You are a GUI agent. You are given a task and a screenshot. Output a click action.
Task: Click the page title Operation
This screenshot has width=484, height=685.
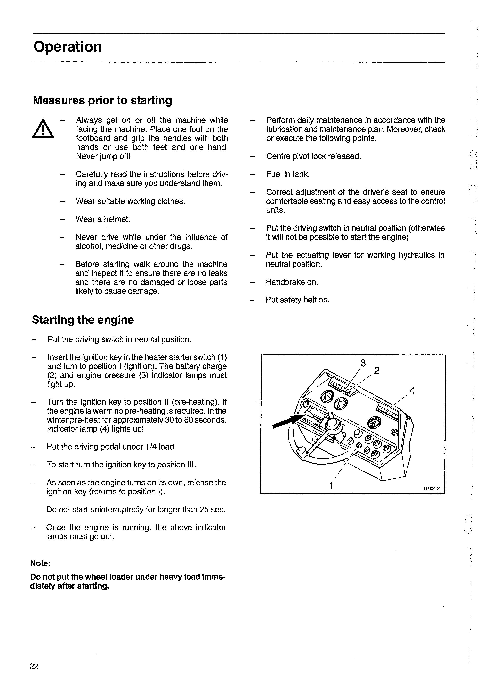pos(68,47)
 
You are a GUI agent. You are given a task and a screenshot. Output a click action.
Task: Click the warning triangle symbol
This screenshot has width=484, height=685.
pos(43,129)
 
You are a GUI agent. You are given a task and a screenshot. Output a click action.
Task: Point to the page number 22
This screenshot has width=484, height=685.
pos(34,666)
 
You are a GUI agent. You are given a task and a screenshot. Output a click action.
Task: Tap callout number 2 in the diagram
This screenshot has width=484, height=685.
pos(377,371)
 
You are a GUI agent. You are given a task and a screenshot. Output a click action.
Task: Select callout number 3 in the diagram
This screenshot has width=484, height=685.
pos(363,363)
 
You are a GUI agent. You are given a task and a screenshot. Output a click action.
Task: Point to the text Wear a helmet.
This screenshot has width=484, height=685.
pos(103,219)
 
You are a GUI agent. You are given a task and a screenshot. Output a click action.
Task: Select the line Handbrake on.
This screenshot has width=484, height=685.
pos(292,282)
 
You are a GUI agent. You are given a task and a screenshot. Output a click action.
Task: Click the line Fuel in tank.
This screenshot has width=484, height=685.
pos(288,174)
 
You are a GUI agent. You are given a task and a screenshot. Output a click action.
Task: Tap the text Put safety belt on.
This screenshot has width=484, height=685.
pos(298,300)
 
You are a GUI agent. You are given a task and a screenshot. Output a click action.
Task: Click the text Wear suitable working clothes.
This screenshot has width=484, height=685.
pos(130,201)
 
